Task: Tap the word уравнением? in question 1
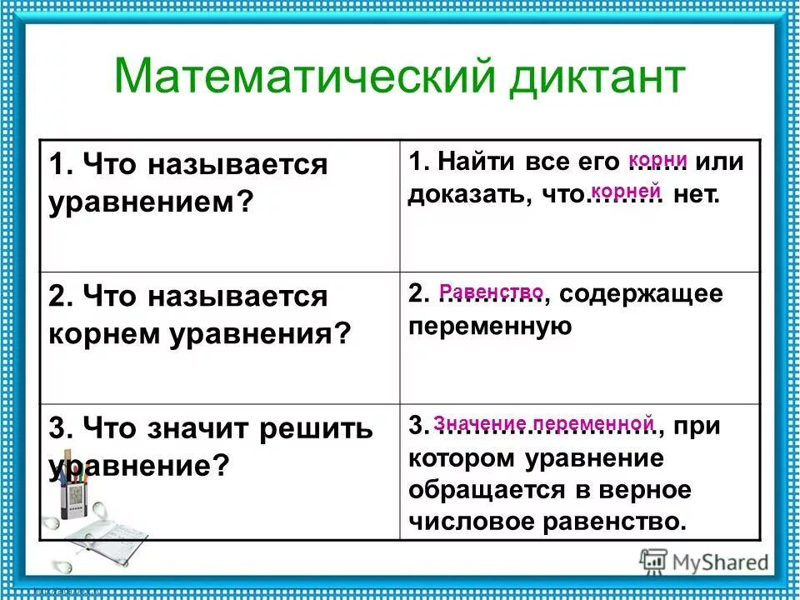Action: pos(150,202)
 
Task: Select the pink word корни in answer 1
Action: pos(657,159)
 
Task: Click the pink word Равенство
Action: pos(491,292)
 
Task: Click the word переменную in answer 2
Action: pos(490,326)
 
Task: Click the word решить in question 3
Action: pos(316,429)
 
